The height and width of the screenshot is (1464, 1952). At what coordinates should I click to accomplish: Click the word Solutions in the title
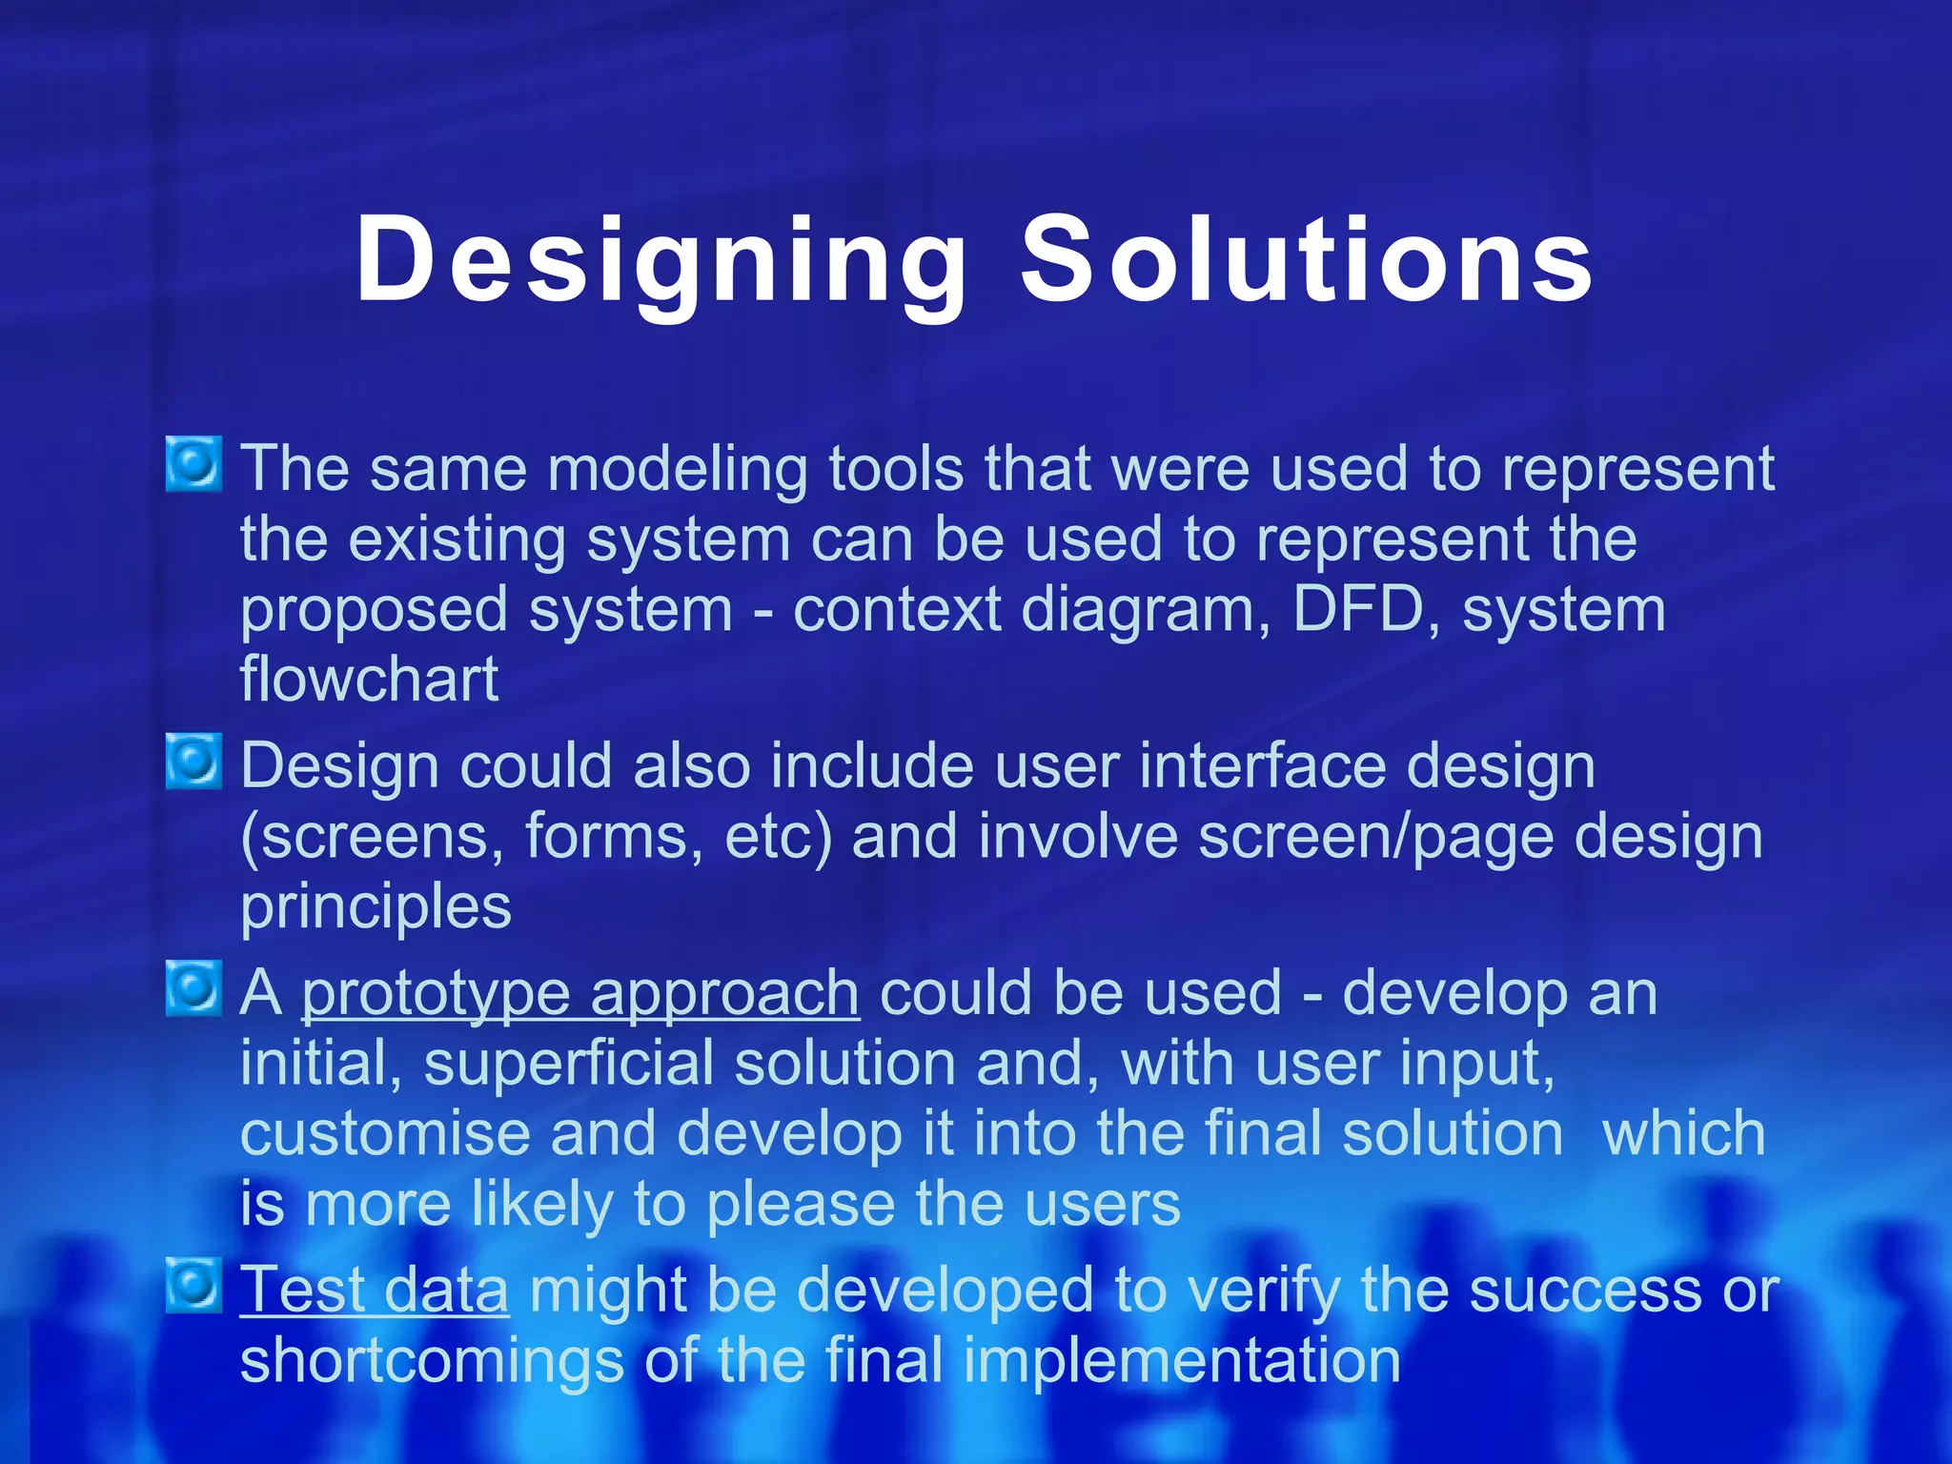click(1307, 259)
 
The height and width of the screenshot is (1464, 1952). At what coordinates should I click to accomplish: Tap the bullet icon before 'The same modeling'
click(194, 464)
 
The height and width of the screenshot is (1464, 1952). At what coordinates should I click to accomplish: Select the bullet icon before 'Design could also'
click(194, 762)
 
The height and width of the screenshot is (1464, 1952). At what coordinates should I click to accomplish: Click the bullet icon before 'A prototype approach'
click(194, 988)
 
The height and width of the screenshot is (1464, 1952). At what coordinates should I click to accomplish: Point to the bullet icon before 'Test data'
click(194, 1285)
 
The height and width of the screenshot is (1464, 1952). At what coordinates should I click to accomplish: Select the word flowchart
click(369, 680)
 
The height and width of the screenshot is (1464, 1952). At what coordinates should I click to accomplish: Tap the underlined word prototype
click(436, 994)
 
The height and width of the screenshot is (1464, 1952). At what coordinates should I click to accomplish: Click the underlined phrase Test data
click(374, 1291)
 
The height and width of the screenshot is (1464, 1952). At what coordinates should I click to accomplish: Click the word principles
click(376, 907)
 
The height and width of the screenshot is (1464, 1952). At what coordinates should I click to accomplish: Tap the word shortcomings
click(431, 1361)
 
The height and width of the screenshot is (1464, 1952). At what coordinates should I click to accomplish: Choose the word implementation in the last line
click(1181, 1361)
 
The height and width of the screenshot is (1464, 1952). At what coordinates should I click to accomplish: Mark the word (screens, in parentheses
click(372, 838)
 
